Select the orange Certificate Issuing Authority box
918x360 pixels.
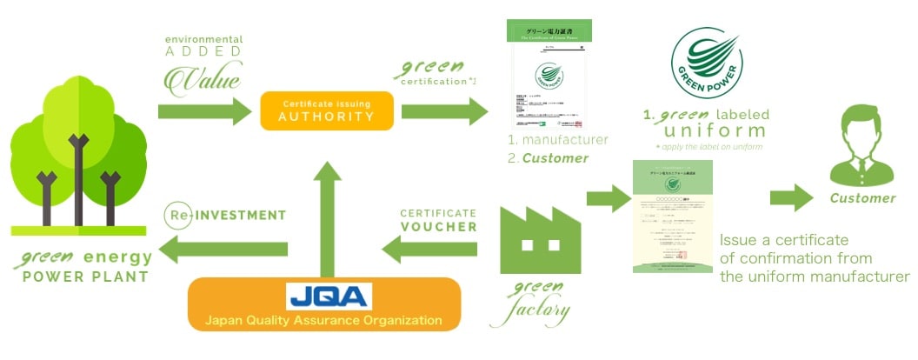(327, 110)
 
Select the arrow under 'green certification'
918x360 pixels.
(444, 111)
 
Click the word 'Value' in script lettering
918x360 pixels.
(203, 79)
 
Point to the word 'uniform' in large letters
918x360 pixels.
(704, 130)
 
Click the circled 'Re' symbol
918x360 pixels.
(175, 214)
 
